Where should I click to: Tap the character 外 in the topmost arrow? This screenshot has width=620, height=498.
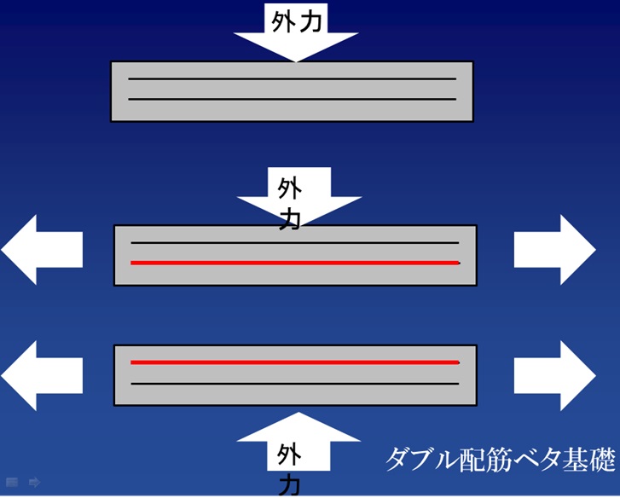coord(283,21)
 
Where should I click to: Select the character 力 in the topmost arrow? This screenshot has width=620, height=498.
coord(311,21)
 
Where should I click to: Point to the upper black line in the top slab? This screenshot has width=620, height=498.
coord(292,79)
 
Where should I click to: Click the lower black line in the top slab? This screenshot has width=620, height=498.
coord(292,99)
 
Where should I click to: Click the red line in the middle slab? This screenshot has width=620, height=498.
coord(294,263)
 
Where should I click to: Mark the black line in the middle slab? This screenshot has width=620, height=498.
coord(294,243)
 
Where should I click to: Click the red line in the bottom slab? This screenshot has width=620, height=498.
coord(294,362)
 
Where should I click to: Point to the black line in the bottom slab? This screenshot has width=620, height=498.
coord(294,384)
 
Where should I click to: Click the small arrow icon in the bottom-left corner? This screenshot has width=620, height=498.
coord(34,483)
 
